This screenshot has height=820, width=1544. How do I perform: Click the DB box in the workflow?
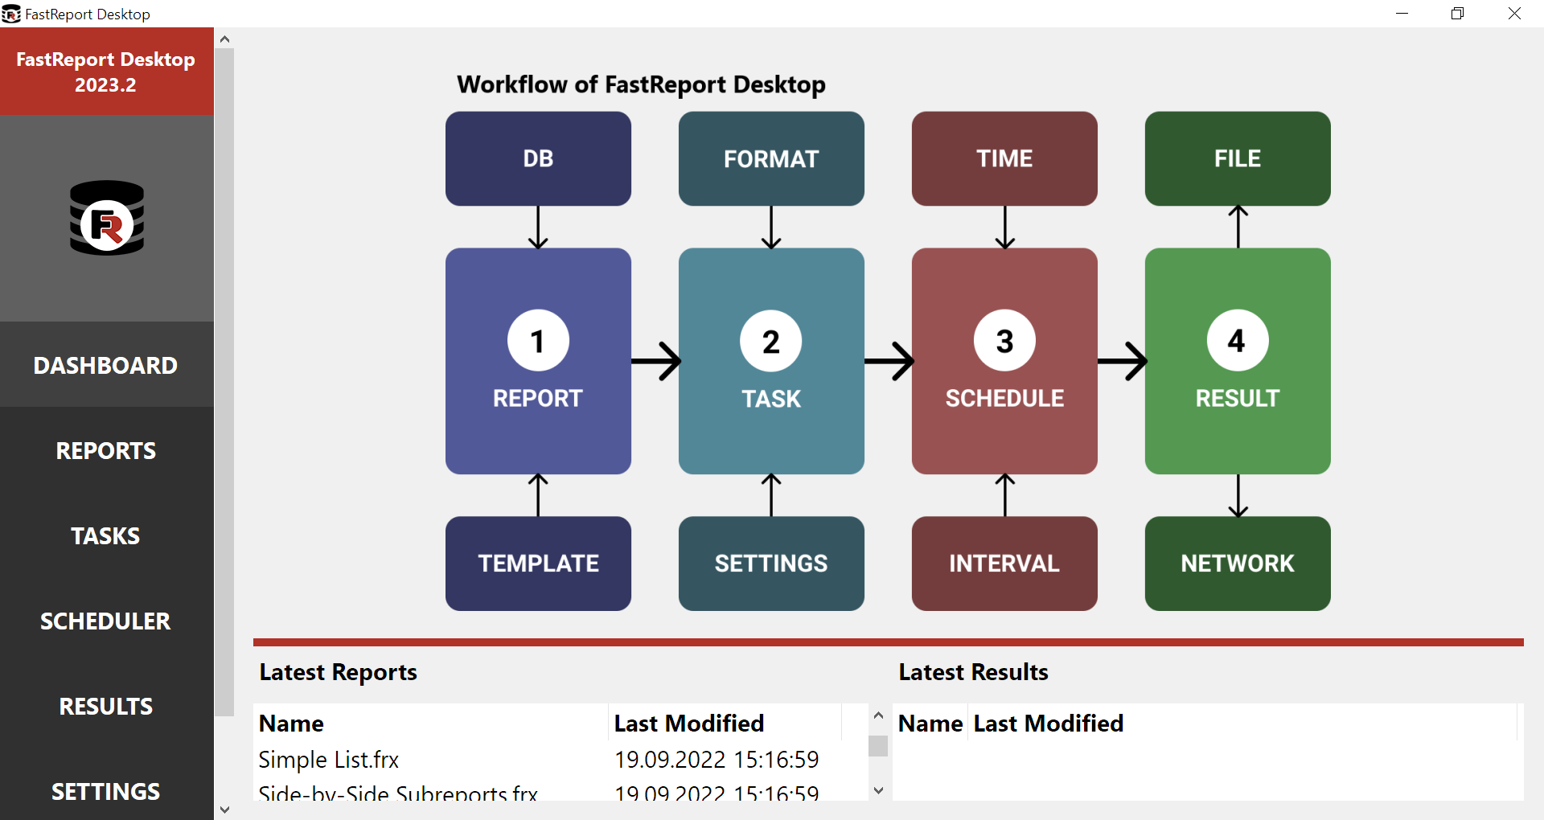coord(538,158)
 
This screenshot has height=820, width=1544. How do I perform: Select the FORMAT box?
coord(771,158)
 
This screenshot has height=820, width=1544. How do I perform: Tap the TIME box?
coord(1004,158)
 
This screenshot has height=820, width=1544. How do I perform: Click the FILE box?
coord(1238,158)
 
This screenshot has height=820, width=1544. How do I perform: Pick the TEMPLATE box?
coord(538,563)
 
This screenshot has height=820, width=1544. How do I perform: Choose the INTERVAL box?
coord(1004,563)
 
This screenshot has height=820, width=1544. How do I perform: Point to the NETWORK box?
coord(1238,563)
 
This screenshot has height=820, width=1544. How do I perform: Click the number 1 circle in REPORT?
coord(538,341)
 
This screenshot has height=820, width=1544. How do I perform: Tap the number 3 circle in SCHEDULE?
coord(1004,341)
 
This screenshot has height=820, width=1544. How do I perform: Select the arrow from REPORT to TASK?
coord(655,361)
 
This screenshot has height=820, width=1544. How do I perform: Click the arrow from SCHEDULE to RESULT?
coord(1122,361)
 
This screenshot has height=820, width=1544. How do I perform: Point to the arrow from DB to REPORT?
coord(538,228)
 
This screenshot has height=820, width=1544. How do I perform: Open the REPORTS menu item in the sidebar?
coord(106,451)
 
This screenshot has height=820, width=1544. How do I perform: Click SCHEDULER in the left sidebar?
coord(106,621)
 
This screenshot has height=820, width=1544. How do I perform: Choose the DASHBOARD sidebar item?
coord(106,366)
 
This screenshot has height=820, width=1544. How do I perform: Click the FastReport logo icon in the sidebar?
coord(107,218)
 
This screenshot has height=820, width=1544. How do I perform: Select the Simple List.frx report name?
coord(329,760)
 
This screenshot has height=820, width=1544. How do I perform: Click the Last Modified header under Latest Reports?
coord(689,724)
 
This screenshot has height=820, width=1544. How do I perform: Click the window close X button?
coord(1514,14)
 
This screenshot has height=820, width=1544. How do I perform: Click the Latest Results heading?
coord(973,672)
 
